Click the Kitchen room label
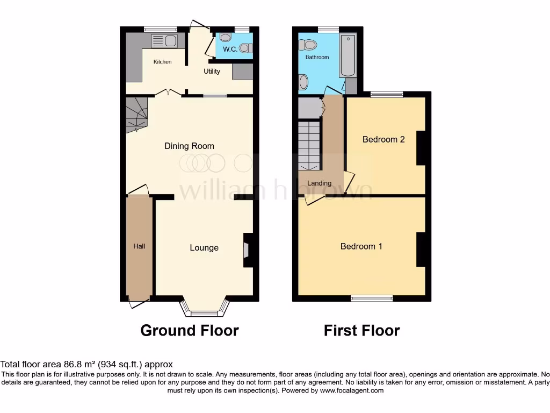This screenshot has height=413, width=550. (162, 62)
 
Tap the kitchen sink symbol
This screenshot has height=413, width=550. (164, 40)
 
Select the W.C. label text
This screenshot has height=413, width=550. (230, 49)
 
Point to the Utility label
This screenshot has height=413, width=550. (212, 71)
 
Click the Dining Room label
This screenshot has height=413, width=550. (189, 146)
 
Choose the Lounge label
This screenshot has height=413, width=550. (204, 248)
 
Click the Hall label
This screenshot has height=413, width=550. (139, 246)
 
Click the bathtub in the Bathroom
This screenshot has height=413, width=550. (347, 55)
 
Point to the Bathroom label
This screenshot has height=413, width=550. (317, 57)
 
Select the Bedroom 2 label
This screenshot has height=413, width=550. (383, 139)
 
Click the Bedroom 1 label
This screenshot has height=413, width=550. (361, 246)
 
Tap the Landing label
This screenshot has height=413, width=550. (319, 183)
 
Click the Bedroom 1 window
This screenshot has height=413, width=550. (372, 298)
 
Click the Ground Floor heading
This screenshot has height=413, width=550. (190, 330)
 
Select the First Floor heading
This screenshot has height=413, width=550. (362, 330)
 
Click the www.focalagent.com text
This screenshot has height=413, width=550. (351, 390)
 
